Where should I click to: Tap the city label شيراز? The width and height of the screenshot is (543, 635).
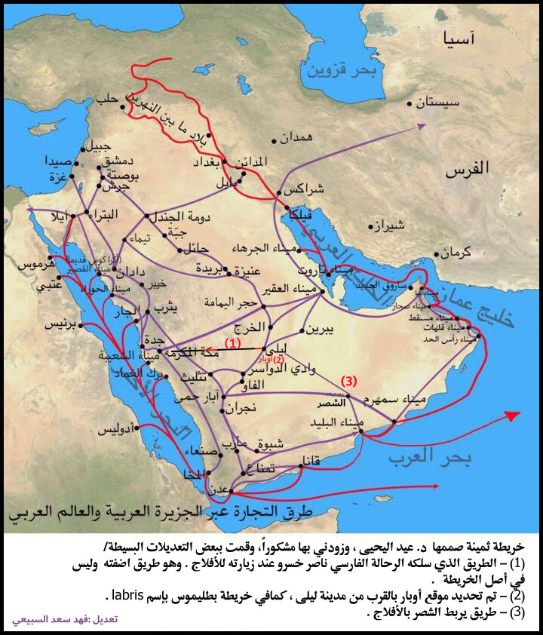pos(390,225)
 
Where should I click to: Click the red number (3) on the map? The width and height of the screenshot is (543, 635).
pos(348,382)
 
